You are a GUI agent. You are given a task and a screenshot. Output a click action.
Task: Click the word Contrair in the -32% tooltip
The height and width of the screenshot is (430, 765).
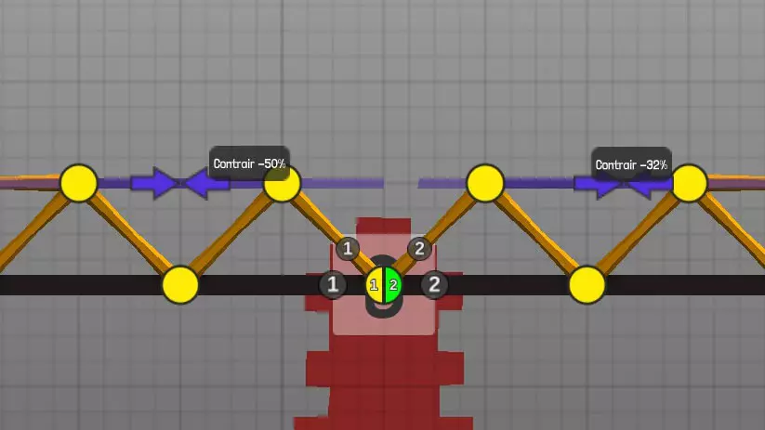(x=615, y=164)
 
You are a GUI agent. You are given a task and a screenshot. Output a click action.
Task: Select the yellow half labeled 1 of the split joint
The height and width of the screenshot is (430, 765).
(x=375, y=285)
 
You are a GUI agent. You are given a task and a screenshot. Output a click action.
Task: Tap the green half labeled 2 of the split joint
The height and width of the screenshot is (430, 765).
(x=393, y=285)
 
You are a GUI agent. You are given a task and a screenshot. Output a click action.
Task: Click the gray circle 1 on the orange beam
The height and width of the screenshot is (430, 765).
(x=348, y=249)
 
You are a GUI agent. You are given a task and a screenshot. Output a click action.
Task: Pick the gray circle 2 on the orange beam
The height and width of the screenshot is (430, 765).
(x=419, y=249)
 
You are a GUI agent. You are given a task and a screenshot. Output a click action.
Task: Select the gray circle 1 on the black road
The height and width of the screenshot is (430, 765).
(x=333, y=284)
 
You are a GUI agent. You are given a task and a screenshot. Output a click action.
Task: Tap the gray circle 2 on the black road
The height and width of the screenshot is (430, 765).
(x=434, y=284)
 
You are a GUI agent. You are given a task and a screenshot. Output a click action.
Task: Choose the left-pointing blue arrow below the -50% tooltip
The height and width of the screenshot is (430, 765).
(x=207, y=184)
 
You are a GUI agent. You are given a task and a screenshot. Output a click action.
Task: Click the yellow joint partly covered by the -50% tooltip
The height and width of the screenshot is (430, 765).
(x=282, y=184)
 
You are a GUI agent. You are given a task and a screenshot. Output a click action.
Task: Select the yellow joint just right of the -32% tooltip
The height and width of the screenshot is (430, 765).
(x=689, y=183)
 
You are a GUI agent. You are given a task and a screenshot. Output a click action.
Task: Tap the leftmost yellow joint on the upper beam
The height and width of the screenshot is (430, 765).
(x=79, y=183)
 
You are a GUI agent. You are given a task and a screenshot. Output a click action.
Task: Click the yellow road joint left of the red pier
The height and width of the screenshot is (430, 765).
(x=180, y=285)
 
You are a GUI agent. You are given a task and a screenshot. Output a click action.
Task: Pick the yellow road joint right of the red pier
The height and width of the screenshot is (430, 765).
(x=587, y=285)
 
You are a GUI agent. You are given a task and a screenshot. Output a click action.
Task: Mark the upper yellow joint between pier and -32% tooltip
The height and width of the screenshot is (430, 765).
(x=485, y=183)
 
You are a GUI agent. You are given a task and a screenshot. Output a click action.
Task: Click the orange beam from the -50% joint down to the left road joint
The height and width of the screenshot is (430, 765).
(x=231, y=234)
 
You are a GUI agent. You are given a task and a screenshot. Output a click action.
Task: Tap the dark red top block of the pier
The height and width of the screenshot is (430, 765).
(x=384, y=226)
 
